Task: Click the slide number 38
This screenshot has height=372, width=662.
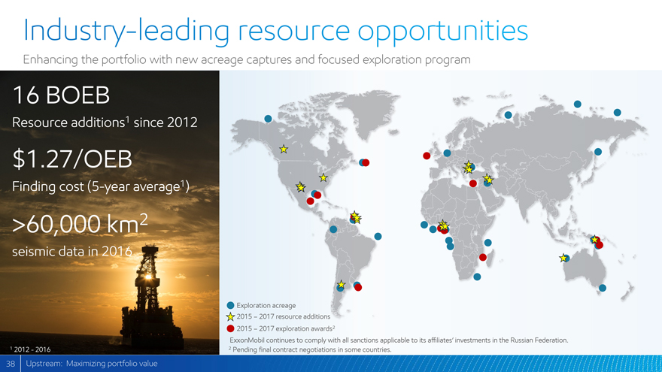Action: point(11,364)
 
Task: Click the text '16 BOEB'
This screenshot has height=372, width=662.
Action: point(61,95)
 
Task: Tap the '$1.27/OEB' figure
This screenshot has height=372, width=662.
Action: point(72,159)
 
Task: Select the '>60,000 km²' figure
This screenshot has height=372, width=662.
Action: point(80,223)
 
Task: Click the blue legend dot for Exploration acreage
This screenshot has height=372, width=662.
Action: point(230,305)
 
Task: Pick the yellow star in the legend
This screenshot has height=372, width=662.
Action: point(230,316)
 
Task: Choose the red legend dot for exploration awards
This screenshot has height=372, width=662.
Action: point(230,328)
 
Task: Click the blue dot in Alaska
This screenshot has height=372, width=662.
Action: point(268,119)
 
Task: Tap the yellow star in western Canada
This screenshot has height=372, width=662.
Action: point(284,149)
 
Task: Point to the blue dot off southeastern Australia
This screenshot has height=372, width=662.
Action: point(603,288)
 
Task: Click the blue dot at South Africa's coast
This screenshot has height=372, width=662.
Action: point(477,277)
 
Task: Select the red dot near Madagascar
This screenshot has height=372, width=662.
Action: point(483,257)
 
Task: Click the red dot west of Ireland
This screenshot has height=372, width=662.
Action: point(427,156)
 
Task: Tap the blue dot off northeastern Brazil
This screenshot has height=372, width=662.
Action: point(378,237)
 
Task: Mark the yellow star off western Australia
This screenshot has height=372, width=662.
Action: point(563,258)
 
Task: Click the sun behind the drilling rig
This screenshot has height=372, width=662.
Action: point(147,277)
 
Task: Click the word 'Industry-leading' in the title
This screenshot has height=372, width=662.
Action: point(126,31)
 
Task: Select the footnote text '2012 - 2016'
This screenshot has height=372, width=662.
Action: point(32,349)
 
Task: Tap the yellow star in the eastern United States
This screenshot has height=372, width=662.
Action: point(323,177)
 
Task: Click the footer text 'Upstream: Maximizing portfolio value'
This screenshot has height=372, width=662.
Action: point(92,364)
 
